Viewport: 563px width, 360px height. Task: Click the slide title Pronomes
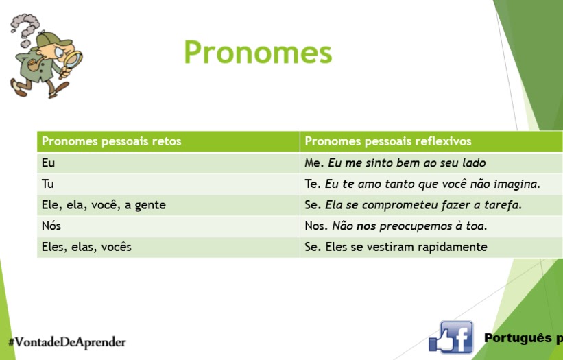[258, 52]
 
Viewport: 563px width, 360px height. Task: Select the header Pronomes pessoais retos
[111, 141]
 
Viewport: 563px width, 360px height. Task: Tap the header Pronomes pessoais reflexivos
[387, 141]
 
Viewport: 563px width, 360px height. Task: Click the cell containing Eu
[48, 163]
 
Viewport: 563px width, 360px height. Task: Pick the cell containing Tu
[47, 184]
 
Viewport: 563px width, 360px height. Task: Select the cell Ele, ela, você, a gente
[104, 205]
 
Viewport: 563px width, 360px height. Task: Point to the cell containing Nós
[51, 226]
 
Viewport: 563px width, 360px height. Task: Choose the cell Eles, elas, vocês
[86, 247]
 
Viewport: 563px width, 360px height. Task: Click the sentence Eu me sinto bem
[407, 163]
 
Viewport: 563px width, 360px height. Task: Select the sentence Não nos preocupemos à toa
[409, 226]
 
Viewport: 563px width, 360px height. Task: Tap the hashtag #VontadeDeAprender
[67, 341]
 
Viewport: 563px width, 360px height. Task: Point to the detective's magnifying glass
[72, 62]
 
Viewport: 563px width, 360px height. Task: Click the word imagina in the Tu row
[518, 184]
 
